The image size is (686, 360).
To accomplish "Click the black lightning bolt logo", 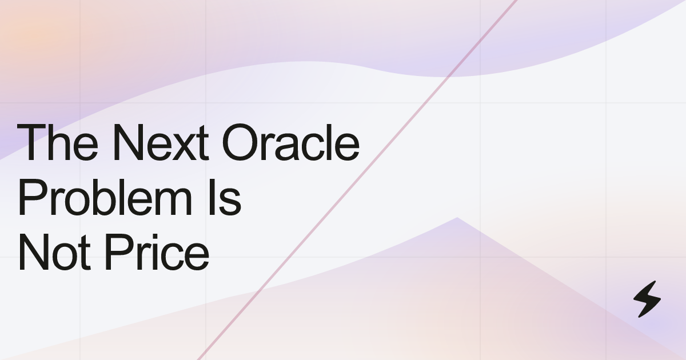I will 647,299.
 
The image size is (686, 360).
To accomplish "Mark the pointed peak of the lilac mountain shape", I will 457,218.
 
